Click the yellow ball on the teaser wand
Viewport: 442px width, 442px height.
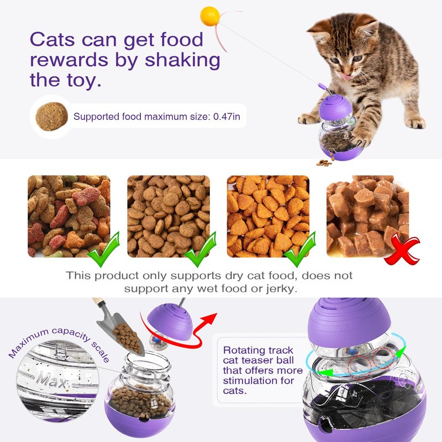(x=210, y=16)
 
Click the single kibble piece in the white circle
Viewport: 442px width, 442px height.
(x=51, y=117)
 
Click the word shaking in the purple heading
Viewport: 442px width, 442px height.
(x=182, y=60)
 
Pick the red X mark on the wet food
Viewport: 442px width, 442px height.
(x=402, y=249)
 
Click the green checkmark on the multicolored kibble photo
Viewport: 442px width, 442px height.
(x=104, y=250)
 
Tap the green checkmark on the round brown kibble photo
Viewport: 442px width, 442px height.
(x=200, y=250)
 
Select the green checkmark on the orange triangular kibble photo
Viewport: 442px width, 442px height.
(x=299, y=250)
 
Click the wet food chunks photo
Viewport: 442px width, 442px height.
(x=367, y=216)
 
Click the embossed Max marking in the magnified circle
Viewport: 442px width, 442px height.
(x=52, y=381)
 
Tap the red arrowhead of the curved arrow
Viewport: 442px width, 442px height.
(x=210, y=319)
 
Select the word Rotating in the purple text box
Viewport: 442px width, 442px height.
(x=241, y=350)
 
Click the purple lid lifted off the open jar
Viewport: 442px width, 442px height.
(x=170, y=322)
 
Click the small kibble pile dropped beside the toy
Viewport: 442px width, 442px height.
(x=324, y=162)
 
